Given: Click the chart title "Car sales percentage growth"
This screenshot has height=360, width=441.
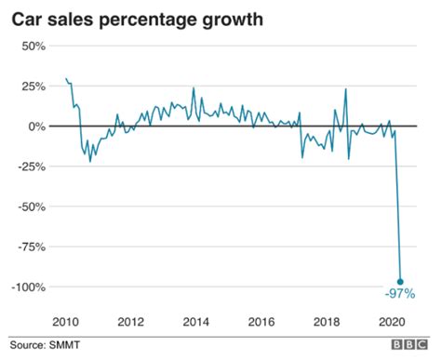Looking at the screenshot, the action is click(x=138, y=20).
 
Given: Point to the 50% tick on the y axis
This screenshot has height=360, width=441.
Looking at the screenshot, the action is click(x=33, y=47).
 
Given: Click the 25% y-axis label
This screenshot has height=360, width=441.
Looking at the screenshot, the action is click(x=33, y=87).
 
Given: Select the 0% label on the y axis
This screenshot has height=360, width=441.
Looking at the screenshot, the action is click(x=37, y=127).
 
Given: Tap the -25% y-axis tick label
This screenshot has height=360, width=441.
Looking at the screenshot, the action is click(x=32, y=167).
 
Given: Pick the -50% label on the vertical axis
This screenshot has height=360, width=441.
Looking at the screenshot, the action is click(x=32, y=207).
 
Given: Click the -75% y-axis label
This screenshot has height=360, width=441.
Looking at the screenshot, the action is click(x=32, y=247).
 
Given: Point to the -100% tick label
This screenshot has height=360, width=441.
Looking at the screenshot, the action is click(x=29, y=287).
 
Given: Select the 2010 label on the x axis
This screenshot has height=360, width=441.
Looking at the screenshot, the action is click(x=65, y=322).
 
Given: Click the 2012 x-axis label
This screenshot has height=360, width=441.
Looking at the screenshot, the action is click(x=131, y=322).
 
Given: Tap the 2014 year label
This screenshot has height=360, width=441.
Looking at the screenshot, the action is click(x=196, y=322).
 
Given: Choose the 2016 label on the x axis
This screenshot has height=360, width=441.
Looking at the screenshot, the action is click(x=261, y=322).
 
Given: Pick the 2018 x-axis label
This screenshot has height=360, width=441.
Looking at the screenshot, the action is click(x=327, y=322).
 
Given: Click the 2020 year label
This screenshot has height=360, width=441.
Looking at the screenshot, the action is click(x=392, y=322).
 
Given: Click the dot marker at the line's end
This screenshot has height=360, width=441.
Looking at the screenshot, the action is click(x=400, y=282).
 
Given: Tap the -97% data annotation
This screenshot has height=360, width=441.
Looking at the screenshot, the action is click(x=400, y=293).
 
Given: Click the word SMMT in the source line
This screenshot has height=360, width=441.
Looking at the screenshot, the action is click(x=64, y=345).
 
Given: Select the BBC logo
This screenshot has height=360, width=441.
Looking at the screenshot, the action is click(x=409, y=344).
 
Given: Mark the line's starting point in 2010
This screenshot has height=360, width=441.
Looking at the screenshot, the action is click(x=66, y=78).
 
